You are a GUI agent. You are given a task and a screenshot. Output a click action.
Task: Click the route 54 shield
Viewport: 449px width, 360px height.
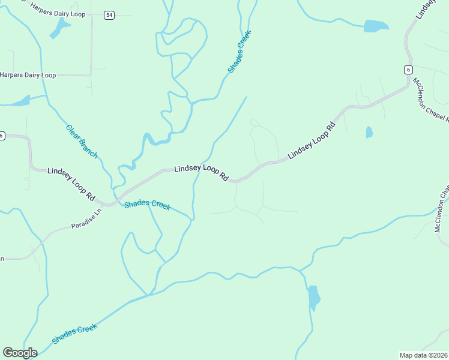coord(109,15)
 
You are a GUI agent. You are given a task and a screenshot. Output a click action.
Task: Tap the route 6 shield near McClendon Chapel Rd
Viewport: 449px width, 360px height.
coord(408,70)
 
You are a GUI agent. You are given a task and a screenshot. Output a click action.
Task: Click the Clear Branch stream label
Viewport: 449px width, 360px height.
coord(82,141)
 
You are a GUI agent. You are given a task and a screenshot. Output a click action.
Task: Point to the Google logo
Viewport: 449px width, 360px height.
coord(20,353)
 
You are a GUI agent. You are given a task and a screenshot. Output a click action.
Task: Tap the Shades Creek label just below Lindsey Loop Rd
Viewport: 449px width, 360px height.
coord(148,205)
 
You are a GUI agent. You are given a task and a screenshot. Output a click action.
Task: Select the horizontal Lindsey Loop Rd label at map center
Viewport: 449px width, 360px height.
coord(202,173)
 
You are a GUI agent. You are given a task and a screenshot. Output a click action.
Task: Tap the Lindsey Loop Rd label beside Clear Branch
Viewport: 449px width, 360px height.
coord(71,184)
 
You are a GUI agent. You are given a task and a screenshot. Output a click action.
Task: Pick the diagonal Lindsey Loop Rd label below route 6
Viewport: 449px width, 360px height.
coord(311,141)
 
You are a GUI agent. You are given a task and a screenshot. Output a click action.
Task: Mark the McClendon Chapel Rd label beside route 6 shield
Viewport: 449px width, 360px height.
coord(429,102)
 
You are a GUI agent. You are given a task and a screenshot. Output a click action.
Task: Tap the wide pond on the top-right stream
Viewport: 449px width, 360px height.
coord(376,26)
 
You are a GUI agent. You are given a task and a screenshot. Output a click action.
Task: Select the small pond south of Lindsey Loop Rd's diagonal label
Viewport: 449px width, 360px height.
coord(369,132)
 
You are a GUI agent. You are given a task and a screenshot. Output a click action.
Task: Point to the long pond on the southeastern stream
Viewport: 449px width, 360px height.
coord(313,297)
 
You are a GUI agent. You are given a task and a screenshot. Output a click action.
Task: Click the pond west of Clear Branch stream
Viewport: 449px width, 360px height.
coord(22,101)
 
